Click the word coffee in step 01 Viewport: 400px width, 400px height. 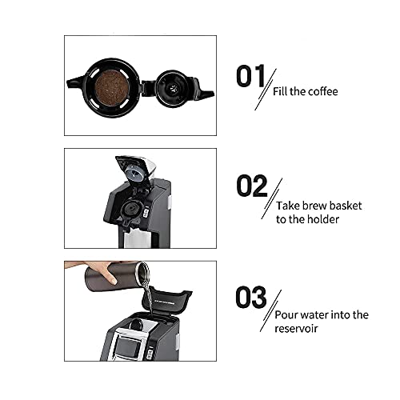[319, 92]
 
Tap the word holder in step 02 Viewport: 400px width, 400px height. [320, 219]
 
